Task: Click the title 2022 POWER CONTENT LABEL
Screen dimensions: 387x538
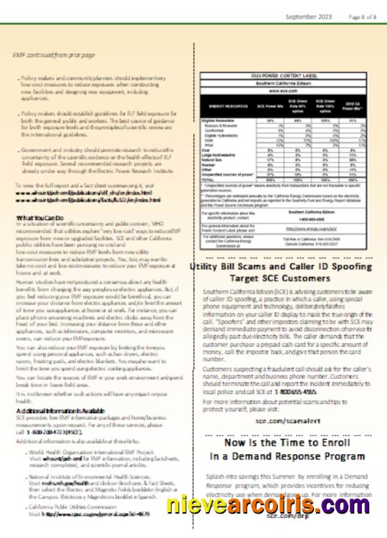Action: (287, 75)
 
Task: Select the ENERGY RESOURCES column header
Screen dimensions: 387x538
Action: (226, 105)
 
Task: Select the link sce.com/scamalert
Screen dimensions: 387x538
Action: (286, 420)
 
